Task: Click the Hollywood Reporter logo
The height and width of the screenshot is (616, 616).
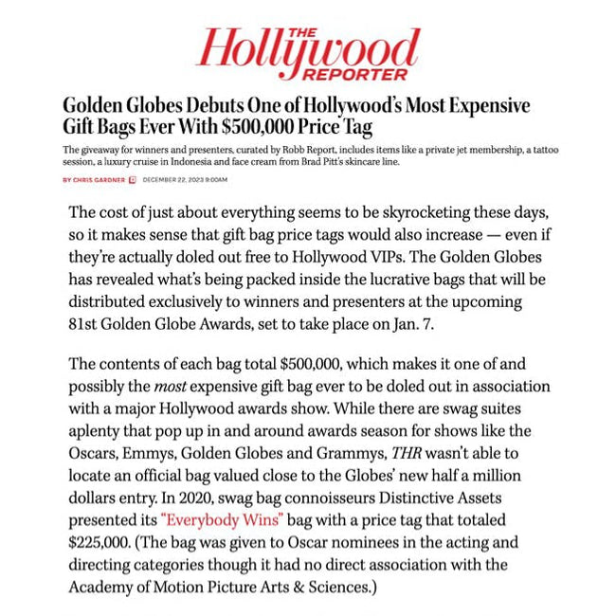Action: coord(307,52)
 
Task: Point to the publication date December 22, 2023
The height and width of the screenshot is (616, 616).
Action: coord(185,179)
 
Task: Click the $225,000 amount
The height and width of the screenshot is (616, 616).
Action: coord(103,543)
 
